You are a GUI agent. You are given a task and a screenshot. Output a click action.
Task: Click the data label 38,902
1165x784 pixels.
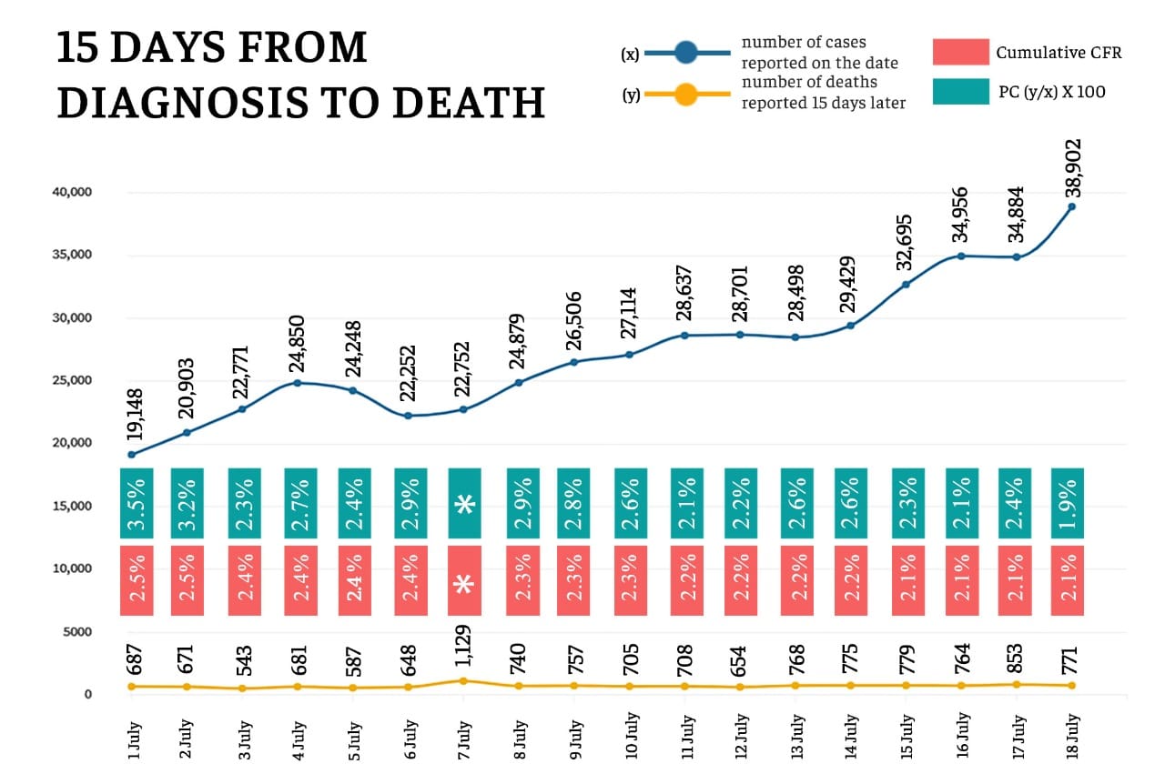1073,168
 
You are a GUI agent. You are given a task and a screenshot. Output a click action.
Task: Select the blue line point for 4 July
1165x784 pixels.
298,383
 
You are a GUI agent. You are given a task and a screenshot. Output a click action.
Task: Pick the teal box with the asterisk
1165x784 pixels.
464,503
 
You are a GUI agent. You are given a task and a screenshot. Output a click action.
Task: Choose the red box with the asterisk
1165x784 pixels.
464,581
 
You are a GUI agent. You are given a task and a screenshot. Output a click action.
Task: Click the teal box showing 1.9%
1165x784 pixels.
1068,503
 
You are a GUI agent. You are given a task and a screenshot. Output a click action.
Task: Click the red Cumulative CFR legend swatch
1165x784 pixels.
960,52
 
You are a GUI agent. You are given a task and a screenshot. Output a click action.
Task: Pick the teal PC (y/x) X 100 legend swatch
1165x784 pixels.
960,92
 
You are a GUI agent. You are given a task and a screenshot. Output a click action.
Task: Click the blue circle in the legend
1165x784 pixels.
686,54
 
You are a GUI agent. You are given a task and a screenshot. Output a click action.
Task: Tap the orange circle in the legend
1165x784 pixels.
686,94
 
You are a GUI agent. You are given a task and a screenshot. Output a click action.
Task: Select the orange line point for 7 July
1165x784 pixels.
463,680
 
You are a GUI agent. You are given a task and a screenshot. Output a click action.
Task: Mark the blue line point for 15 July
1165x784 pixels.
906,285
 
